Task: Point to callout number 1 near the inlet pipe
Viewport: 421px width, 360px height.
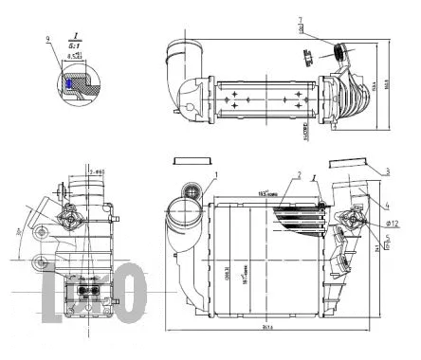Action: point(216,174)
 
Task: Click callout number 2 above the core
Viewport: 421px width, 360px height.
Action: point(298,175)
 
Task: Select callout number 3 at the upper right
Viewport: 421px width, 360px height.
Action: point(388,171)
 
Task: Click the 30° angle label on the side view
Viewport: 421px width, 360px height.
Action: point(22,230)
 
